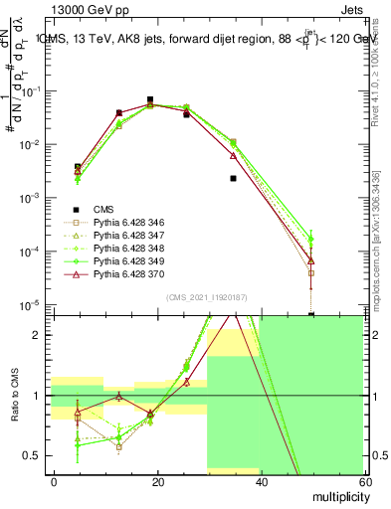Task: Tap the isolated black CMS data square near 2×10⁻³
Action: pos(233,179)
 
